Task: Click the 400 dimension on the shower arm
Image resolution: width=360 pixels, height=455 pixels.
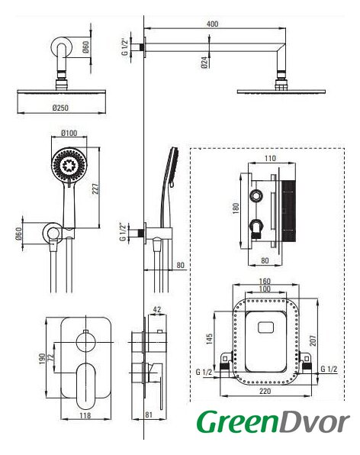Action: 212,24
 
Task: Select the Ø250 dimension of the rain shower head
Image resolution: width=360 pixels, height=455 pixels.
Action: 60,108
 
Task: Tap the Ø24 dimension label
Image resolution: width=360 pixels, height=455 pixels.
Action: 204,63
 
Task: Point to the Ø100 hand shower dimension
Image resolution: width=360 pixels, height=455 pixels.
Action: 69,133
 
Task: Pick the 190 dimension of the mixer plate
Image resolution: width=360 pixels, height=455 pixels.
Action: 42,359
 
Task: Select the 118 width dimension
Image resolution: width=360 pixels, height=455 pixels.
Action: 85,415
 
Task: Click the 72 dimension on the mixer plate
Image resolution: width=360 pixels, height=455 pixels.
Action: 51,357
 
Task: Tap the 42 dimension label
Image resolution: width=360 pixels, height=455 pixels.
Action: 157,309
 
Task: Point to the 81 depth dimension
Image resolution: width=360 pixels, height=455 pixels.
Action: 149,415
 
